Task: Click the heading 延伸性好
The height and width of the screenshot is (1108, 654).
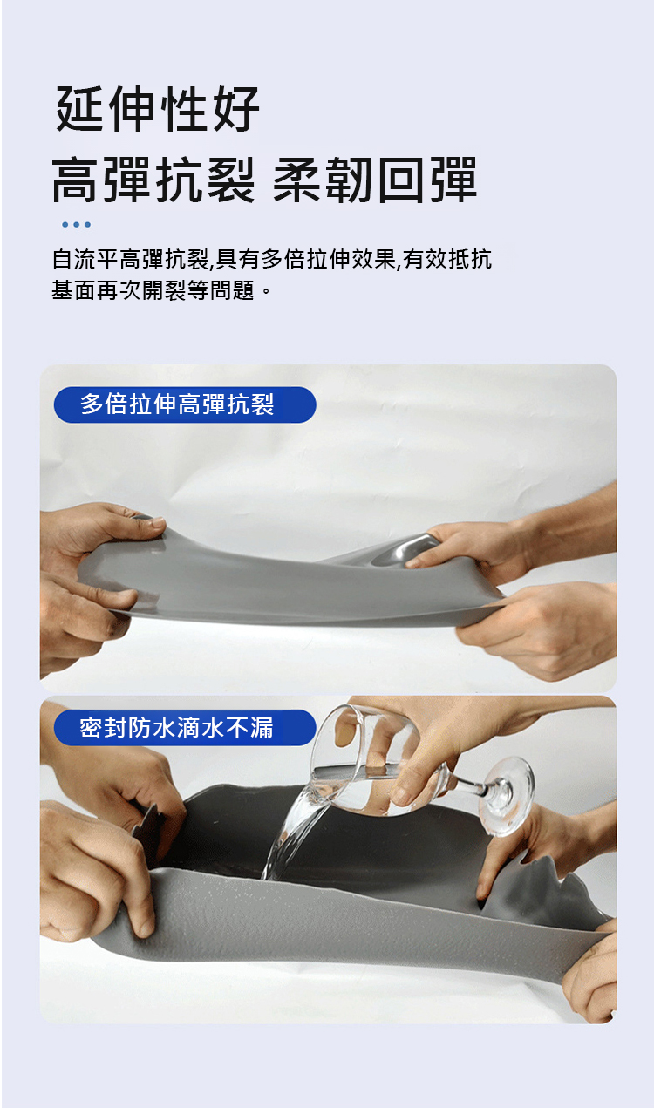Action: pos(158,109)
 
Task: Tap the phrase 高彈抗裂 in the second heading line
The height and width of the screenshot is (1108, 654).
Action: pos(153,180)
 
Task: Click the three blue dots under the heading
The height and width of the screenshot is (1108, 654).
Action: pos(76,225)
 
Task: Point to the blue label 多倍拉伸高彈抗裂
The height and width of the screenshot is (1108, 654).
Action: pos(185,404)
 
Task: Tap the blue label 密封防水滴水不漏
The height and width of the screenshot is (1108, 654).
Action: pos(185,728)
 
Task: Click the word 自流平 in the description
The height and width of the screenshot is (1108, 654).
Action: pos(85,259)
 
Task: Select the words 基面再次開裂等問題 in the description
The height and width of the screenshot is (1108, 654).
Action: pos(153,290)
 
